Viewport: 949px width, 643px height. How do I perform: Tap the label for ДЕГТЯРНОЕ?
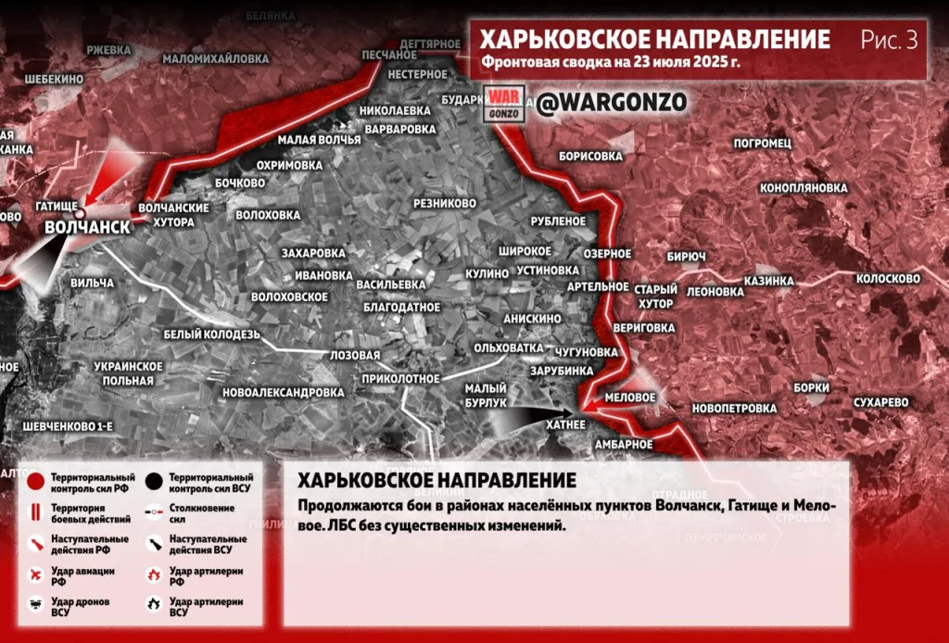click(x=430, y=44)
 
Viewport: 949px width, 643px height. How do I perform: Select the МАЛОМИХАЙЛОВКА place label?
click(x=216, y=58)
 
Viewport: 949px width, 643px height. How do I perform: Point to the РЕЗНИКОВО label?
click(x=445, y=203)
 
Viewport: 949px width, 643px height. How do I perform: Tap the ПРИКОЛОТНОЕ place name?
click(x=401, y=379)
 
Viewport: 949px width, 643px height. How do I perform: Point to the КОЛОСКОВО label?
click(x=887, y=278)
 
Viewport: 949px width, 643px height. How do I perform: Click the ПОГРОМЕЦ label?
click(x=762, y=144)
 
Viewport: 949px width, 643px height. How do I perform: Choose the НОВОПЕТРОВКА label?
click(x=734, y=409)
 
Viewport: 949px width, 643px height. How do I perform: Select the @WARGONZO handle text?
click(x=612, y=104)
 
